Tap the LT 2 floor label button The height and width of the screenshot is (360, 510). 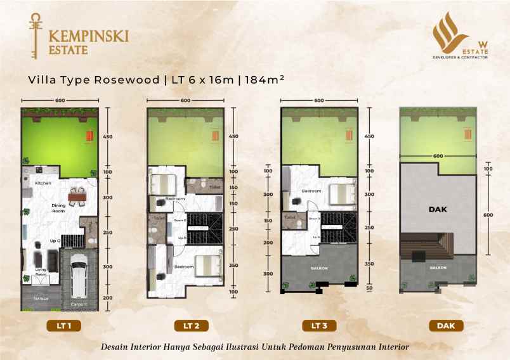[192, 326]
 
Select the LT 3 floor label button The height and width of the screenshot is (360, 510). [319, 326]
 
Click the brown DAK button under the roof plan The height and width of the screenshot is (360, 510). [445, 326]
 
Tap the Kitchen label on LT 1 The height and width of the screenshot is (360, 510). [43, 183]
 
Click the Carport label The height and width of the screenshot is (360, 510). [79, 304]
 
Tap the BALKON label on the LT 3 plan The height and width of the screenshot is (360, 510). [319, 268]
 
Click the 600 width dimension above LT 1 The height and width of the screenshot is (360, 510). [60, 101]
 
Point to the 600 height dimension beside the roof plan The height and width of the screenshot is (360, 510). [489, 215]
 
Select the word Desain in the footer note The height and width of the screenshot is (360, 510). [118, 347]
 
